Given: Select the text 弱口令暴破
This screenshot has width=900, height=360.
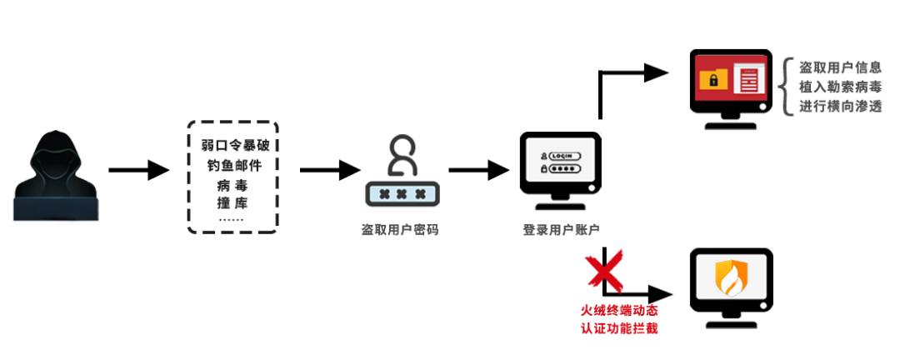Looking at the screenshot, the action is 235,145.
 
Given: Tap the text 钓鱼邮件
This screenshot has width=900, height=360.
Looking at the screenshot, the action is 234,166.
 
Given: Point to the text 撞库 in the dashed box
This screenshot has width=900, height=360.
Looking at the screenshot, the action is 232,203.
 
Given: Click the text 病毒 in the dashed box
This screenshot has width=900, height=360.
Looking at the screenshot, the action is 232,185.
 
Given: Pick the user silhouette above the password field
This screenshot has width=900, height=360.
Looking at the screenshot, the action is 402,155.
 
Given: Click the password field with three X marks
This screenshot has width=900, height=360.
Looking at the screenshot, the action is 402,194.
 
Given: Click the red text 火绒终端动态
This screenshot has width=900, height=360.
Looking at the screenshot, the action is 617,311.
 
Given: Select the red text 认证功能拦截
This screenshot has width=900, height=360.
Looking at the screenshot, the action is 617,329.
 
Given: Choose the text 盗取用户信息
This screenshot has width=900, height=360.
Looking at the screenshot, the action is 840,67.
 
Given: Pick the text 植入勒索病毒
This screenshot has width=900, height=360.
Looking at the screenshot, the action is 840,87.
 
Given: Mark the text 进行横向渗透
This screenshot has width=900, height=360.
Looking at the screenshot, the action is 840,106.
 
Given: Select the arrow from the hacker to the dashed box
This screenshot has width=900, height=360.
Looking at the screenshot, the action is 138,170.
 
